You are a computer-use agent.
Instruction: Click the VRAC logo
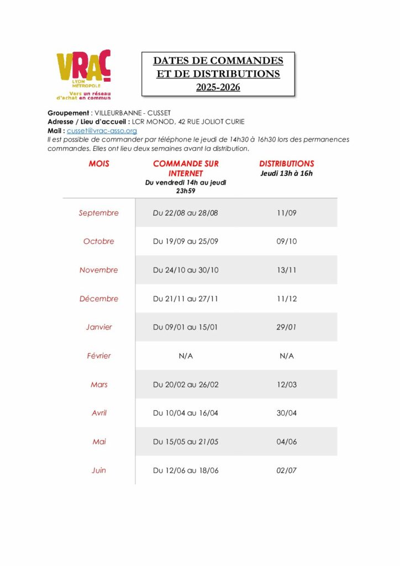point(83,75)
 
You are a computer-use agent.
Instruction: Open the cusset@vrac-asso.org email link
point(102,130)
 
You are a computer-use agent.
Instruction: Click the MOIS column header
point(99,164)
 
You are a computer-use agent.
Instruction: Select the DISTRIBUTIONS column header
point(287,164)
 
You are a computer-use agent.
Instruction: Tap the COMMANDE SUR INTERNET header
point(186,169)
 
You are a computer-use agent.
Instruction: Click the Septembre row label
point(98,213)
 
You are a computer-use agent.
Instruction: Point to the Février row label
point(98,356)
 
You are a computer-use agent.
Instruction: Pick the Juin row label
point(99,470)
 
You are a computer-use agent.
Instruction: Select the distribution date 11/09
point(287,213)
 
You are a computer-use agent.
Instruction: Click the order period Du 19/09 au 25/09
point(186,242)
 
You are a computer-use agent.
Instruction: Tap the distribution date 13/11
point(287,270)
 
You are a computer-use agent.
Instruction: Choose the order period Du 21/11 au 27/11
point(186,299)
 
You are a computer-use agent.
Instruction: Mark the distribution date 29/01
point(287,327)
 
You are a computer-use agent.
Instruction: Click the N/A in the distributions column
point(287,356)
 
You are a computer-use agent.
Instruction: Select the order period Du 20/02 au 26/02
point(186,385)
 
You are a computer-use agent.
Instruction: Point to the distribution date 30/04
point(287,413)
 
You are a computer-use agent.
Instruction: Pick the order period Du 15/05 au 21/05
point(186,442)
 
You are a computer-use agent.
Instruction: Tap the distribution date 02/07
point(287,470)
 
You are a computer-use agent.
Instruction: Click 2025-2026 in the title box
point(218,87)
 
